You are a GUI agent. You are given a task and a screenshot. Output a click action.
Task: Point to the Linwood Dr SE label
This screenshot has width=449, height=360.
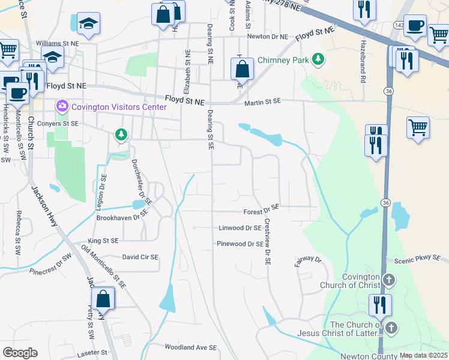point(240,228)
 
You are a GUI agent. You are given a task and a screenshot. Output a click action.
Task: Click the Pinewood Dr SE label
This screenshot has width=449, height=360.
point(240,244)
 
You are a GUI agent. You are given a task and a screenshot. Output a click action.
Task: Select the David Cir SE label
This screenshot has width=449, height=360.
point(140,257)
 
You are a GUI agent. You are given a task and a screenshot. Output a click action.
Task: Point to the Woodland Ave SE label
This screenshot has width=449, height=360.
point(190,347)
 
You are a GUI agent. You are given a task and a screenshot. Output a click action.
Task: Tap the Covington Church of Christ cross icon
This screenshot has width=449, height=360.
point(389,280)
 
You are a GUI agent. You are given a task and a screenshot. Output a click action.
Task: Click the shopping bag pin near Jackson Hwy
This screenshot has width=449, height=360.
point(103,298)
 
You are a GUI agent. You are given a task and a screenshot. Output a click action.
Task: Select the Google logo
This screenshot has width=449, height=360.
point(20,353)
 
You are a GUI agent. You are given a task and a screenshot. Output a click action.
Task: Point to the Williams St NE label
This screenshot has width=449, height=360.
point(57,44)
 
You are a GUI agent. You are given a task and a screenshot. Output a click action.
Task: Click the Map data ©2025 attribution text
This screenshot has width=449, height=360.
point(423,355)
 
